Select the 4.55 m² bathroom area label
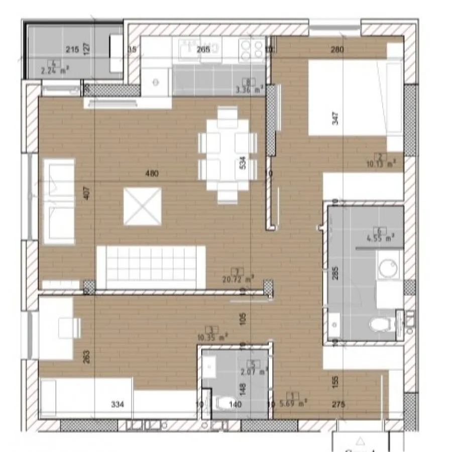click(x=380, y=239)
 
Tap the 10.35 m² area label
click(x=217, y=335)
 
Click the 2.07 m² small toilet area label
click(x=257, y=372)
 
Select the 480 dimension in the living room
click(x=152, y=174)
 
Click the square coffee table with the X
click(x=143, y=206)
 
